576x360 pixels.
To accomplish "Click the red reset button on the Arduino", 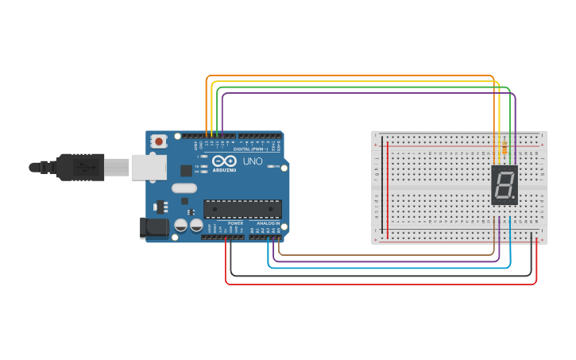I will coord(159,141).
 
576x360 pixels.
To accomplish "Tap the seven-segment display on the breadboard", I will coord(504,186).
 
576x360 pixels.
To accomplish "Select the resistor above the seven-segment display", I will coord(504,147).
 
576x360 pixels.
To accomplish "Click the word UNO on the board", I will coord(252,161).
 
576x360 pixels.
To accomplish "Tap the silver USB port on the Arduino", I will coord(148,166).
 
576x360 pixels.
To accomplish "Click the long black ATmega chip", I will coord(242,209).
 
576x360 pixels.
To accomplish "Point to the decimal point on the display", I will coord(515,197).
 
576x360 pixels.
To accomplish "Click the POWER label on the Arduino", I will coord(235,223).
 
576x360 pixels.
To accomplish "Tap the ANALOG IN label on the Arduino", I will coord(266,223).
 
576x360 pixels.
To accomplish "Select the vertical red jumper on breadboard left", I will coord(388,187).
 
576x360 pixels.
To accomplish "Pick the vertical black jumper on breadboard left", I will coord(381,187).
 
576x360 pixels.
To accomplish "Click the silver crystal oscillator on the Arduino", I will coord(184,189).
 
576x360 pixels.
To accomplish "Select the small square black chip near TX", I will coord(186,170).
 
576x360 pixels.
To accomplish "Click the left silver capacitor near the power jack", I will coord(181,226).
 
